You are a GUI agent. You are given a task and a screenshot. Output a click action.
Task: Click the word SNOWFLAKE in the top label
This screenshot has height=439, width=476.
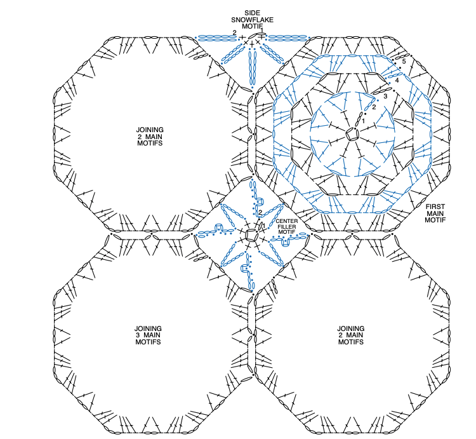click(x=252, y=20)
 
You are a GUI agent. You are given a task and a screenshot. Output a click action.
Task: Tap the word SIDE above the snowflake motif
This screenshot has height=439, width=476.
click(x=252, y=13)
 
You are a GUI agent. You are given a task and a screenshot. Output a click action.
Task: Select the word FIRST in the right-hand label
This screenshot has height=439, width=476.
click(x=435, y=207)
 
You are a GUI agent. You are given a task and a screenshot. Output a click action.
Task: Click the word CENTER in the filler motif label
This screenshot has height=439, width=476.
click(x=287, y=221)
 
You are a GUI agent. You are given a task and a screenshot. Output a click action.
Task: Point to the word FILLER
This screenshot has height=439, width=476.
click(x=287, y=227)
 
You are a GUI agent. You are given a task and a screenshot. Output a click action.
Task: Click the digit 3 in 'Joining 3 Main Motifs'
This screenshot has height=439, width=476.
click(x=138, y=335)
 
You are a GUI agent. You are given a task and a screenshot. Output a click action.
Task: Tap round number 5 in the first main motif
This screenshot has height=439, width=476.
click(x=404, y=62)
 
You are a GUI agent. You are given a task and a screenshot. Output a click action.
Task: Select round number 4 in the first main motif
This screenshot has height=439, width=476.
click(x=397, y=81)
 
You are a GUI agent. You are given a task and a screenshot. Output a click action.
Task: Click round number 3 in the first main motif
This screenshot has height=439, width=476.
click(x=385, y=97)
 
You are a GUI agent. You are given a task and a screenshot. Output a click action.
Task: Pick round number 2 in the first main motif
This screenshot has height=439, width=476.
click(x=374, y=107)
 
